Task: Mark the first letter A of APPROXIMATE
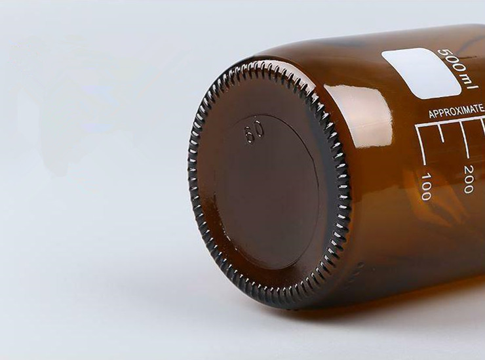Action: coord(431,115)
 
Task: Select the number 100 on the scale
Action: coord(426,186)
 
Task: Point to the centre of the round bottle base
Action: coord(268,184)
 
